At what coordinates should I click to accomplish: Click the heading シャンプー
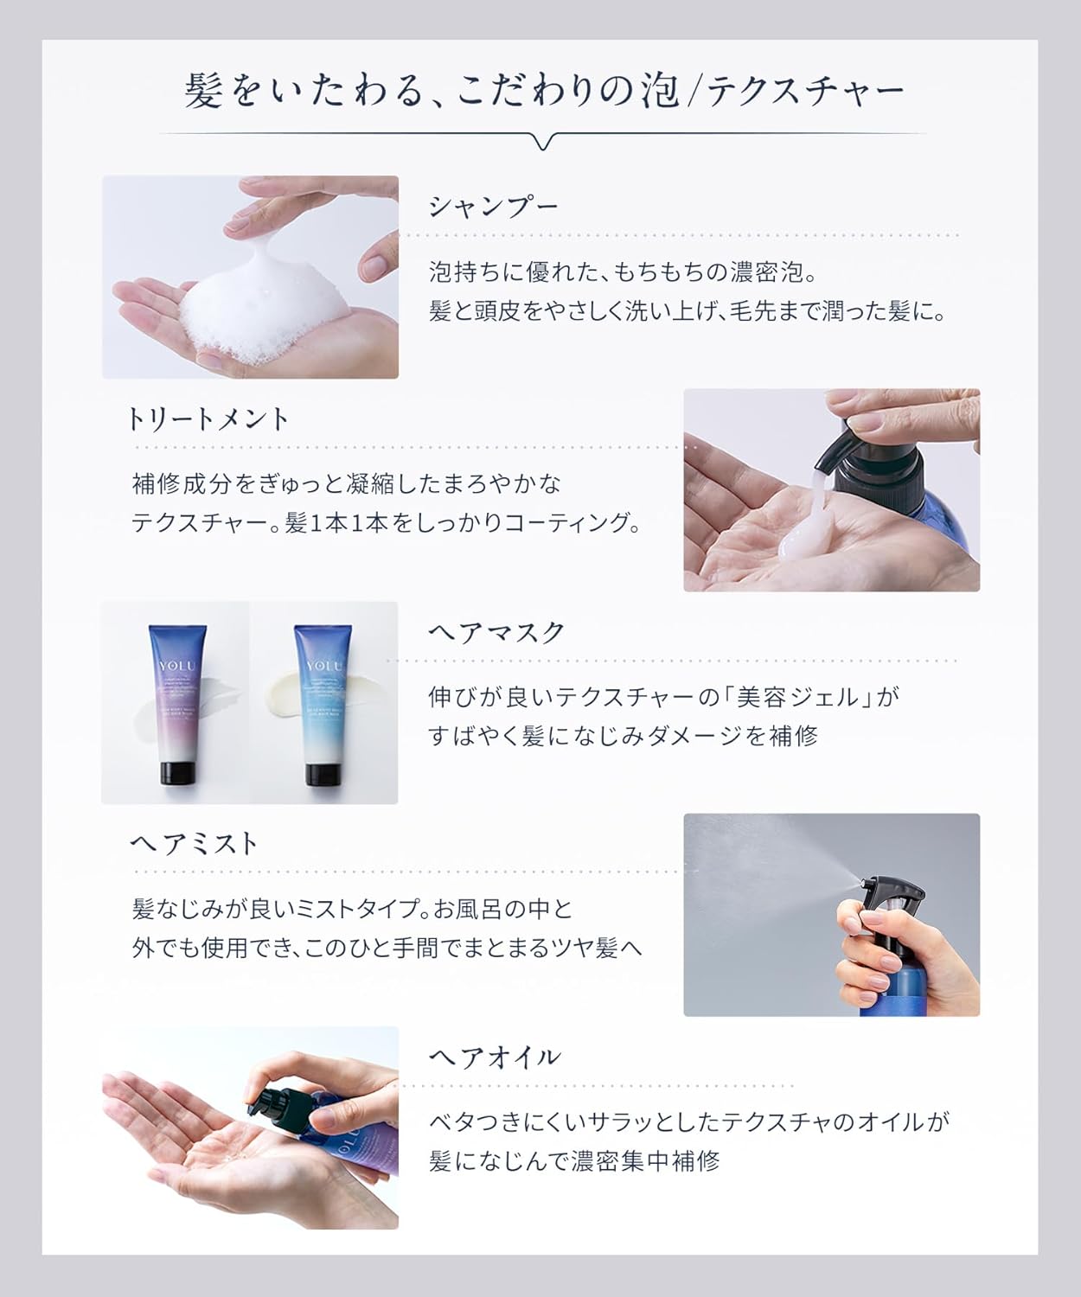pyautogui.click(x=494, y=207)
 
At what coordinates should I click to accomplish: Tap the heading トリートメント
pyautogui.click(x=208, y=419)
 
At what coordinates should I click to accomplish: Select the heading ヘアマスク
pyautogui.click(x=496, y=632)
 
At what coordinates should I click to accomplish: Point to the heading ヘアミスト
pyautogui.click(x=195, y=843)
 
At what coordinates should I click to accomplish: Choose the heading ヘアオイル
pyautogui.click(x=495, y=1057)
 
